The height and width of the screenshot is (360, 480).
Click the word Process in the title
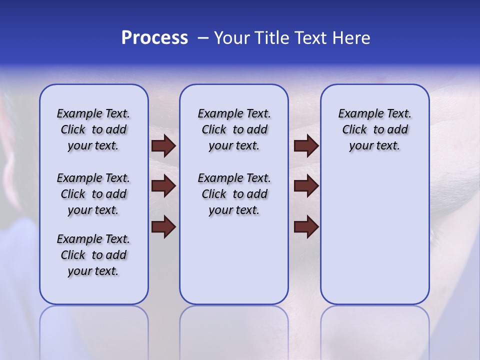tap(154, 38)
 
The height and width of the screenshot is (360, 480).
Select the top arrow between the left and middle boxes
tap(163, 145)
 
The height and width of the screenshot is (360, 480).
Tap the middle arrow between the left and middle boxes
tap(163, 186)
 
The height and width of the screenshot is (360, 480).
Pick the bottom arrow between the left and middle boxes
tap(163, 227)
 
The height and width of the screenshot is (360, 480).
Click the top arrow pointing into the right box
tap(306, 145)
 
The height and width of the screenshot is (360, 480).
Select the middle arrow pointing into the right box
tap(306, 186)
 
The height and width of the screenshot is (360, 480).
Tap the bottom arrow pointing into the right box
tap(306, 227)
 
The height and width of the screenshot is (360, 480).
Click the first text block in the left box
tap(93, 129)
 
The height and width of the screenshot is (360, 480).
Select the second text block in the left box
tap(93, 194)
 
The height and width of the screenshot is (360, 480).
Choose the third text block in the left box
tap(93, 255)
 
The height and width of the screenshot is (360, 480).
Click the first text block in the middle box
tap(234, 129)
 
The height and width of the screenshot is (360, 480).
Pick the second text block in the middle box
tap(234, 194)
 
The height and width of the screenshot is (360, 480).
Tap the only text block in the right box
tap(375, 129)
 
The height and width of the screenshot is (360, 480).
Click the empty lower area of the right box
tap(375, 240)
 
